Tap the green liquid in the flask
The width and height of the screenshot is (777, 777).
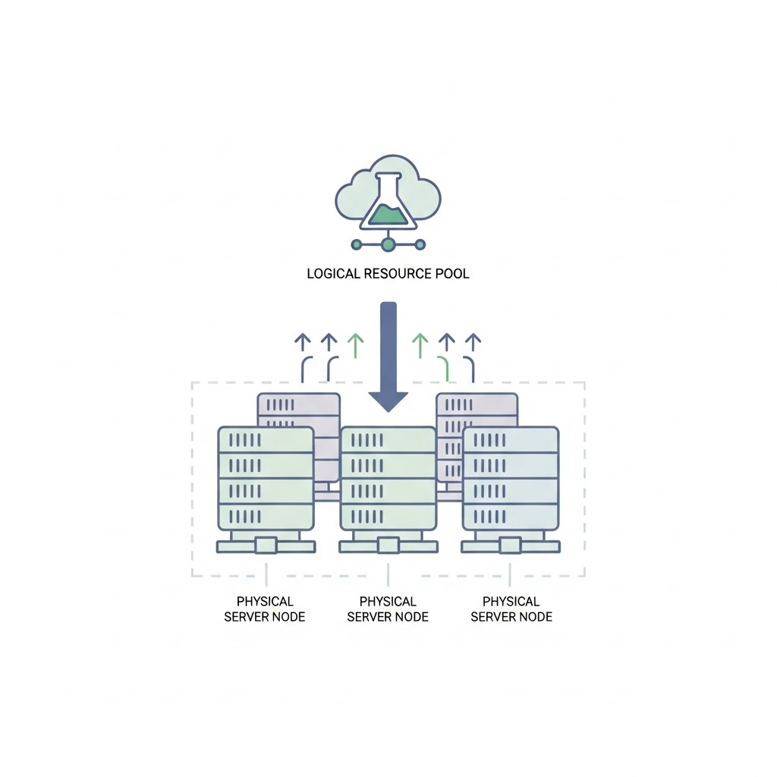click(x=389, y=215)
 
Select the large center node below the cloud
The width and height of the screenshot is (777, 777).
click(x=388, y=244)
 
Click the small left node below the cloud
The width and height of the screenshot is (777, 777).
click(x=357, y=244)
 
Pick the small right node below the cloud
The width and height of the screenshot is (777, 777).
click(x=420, y=244)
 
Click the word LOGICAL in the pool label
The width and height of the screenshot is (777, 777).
click(x=333, y=273)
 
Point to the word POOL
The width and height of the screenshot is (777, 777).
click(x=452, y=273)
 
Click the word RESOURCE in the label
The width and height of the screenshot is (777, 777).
click(x=398, y=273)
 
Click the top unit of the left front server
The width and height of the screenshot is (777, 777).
click(x=266, y=440)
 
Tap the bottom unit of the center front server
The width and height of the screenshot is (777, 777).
click(x=388, y=517)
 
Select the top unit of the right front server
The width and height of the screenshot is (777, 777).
click(x=511, y=440)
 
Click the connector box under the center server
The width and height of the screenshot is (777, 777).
click(x=388, y=546)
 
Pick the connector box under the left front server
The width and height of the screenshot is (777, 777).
click(x=266, y=546)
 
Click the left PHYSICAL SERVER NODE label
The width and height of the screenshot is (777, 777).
click(x=265, y=609)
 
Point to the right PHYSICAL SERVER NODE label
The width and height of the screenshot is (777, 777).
click(x=511, y=609)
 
